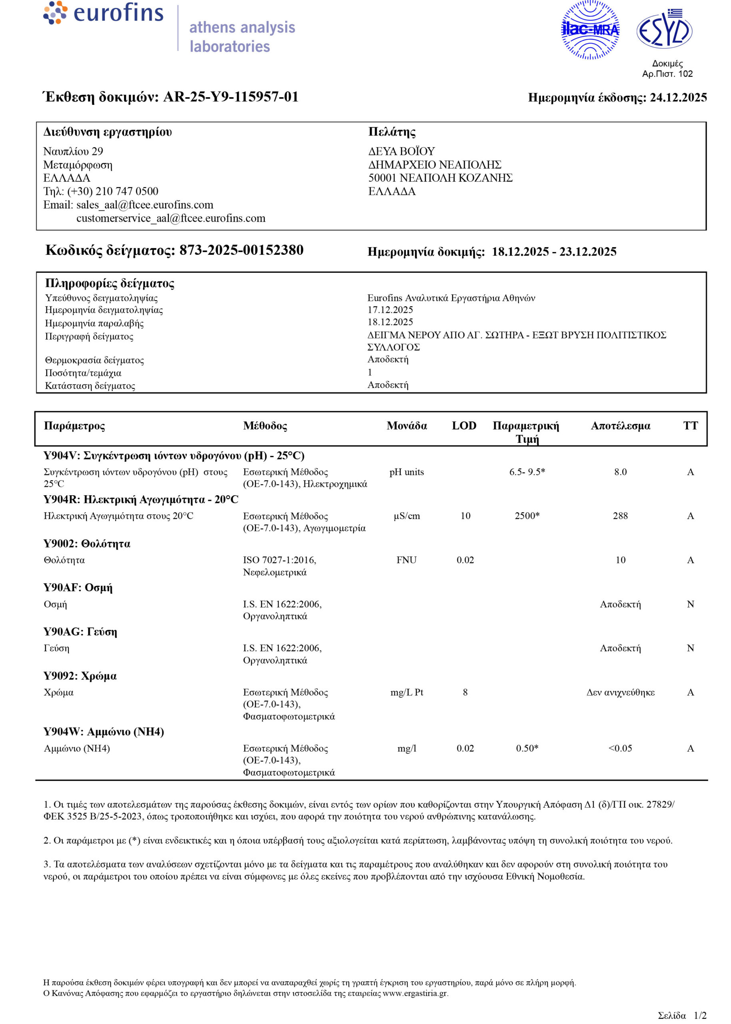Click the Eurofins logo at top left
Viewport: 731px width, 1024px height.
point(104,14)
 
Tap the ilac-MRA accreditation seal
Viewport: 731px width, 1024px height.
point(590,30)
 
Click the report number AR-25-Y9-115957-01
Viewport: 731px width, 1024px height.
point(230,97)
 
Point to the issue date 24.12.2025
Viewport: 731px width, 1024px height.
point(678,98)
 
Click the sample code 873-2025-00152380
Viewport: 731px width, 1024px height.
point(241,250)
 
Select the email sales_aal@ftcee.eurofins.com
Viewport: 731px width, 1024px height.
point(144,205)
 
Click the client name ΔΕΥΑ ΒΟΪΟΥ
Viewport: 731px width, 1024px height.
point(401,151)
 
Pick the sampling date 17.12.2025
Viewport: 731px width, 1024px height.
point(390,310)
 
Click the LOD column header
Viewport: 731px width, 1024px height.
point(464,426)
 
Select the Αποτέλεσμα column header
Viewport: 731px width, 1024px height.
point(620,426)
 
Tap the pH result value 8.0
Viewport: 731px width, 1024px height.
point(620,472)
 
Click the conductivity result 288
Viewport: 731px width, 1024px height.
point(620,516)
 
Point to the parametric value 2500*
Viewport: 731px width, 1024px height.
point(527,516)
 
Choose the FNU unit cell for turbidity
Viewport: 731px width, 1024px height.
point(406,560)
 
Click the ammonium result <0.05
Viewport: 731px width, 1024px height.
point(620,748)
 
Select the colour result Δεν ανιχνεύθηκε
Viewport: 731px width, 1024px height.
point(620,692)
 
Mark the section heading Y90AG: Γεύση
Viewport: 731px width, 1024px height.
point(80,632)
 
